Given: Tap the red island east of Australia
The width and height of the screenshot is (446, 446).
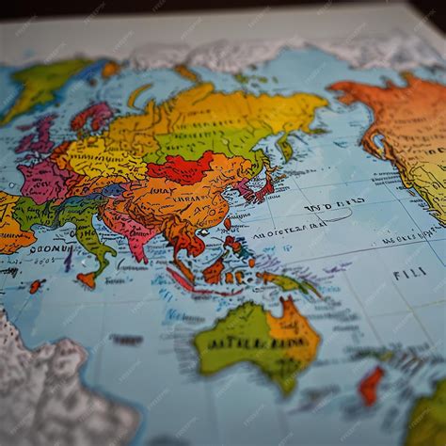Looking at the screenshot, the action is [x=371, y=384].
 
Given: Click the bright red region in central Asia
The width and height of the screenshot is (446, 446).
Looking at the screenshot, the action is [x=183, y=169].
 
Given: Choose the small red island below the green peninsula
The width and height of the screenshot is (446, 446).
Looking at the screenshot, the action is [x=87, y=279].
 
